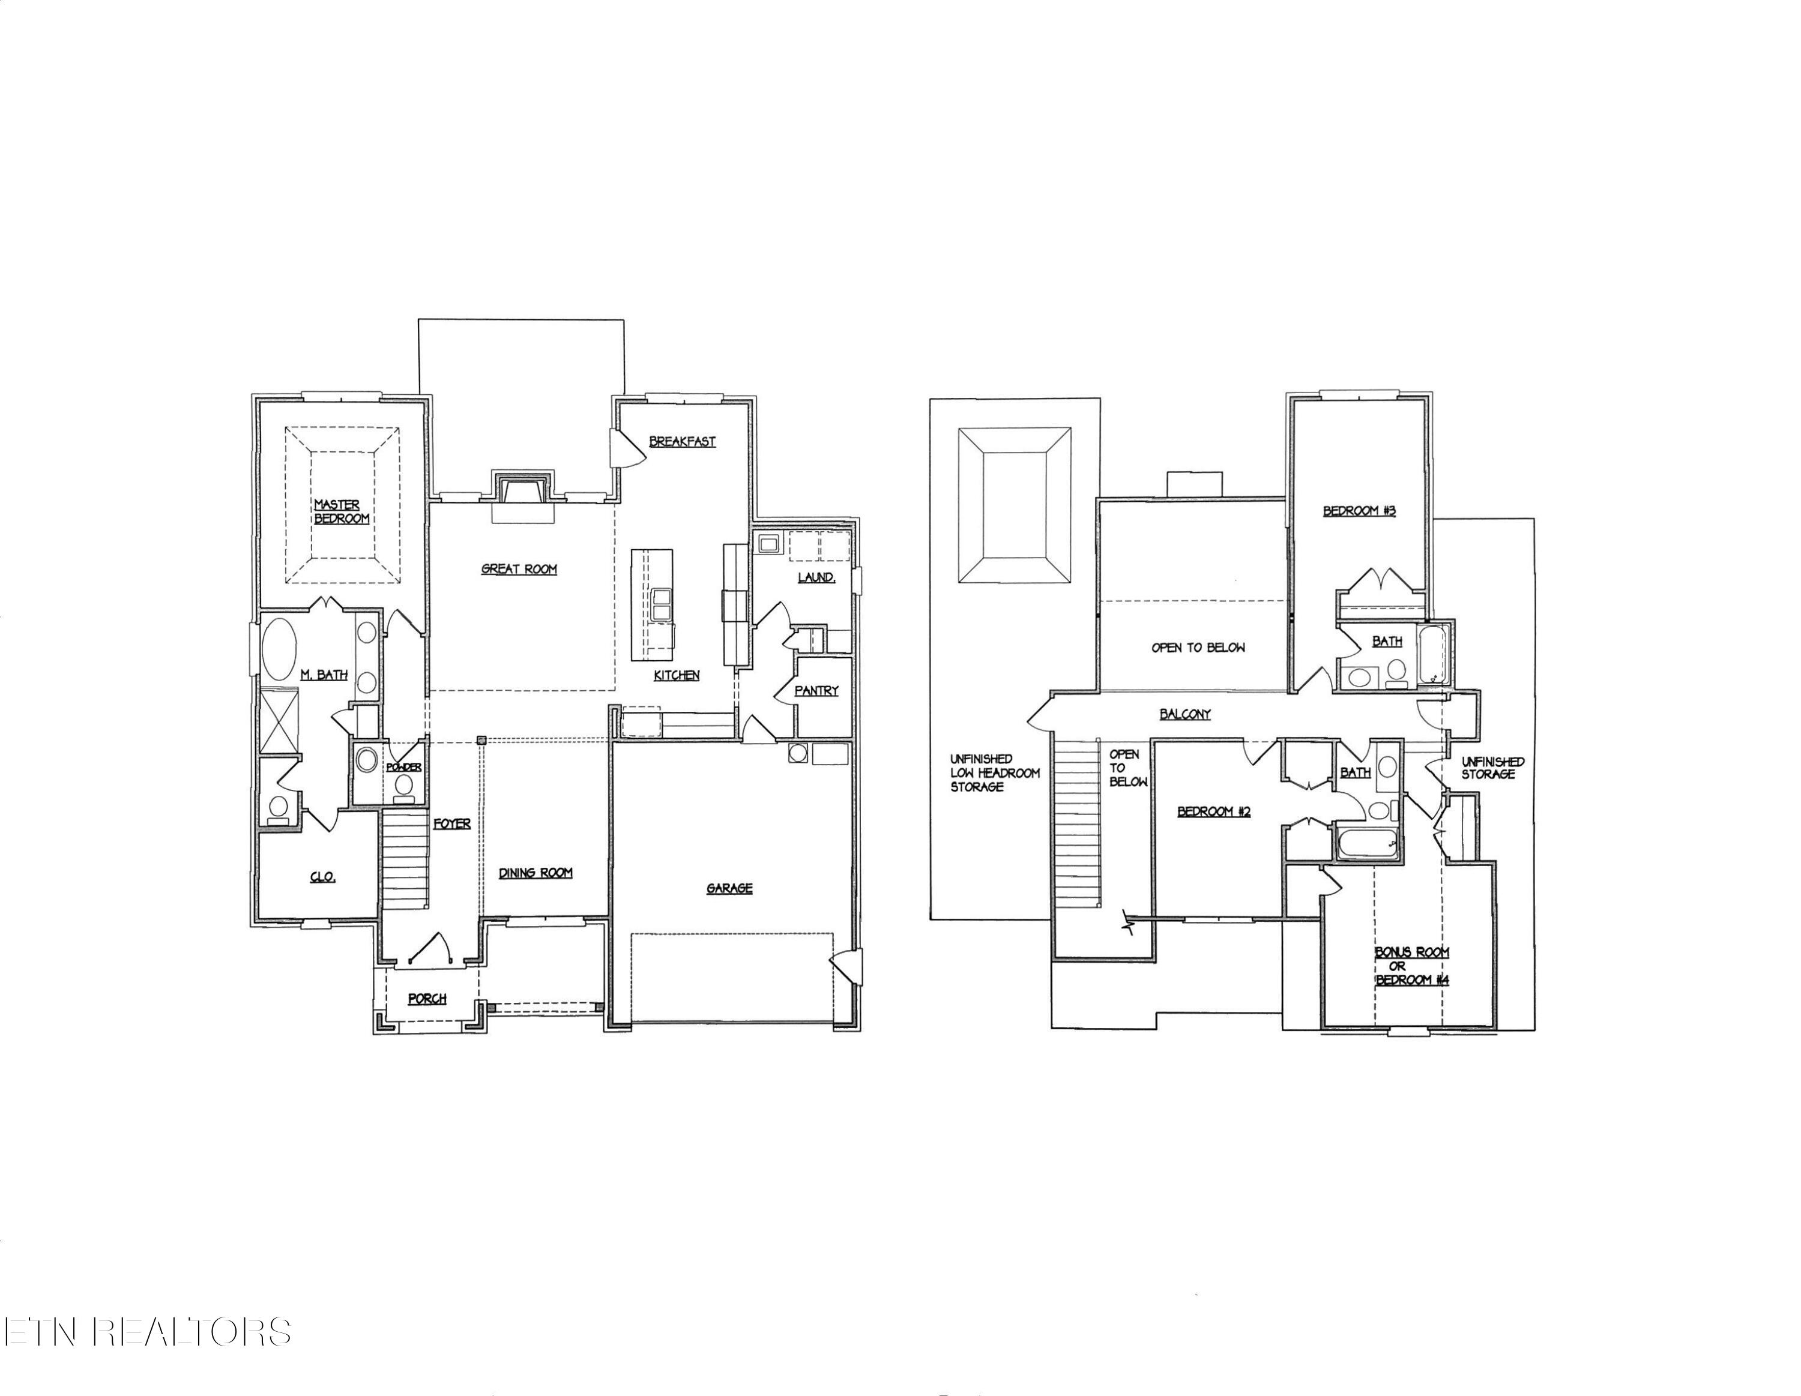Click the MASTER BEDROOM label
click(x=340, y=511)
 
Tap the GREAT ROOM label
click(x=519, y=569)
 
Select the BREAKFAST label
click(x=682, y=441)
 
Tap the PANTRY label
click(x=816, y=690)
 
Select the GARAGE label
click(x=729, y=888)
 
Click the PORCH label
click(x=427, y=999)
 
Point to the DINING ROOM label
click(x=535, y=873)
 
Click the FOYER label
click(x=452, y=823)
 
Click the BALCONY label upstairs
click(x=1185, y=714)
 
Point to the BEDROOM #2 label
click(x=1214, y=811)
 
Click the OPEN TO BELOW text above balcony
click(x=1198, y=648)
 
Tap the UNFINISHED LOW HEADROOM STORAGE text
click(x=995, y=772)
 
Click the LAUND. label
click(x=816, y=577)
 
